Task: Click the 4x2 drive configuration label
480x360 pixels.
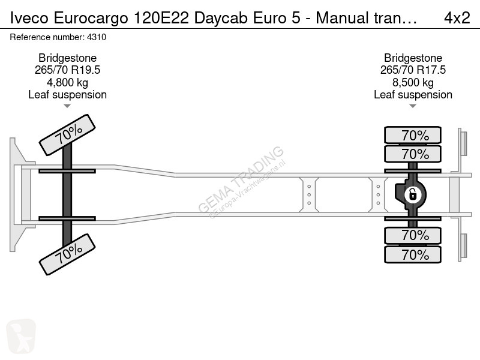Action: point(457,18)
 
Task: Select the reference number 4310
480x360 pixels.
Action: point(97,37)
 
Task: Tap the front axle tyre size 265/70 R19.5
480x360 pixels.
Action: point(67,70)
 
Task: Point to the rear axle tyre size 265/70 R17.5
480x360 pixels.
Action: point(413,70)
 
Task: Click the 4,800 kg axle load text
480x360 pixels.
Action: point(67,82)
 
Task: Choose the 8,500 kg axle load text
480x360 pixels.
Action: point(413,82)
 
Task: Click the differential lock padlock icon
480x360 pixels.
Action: point(413,194)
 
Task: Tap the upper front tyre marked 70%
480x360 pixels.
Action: point(67,135)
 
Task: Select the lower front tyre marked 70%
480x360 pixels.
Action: point(67,254)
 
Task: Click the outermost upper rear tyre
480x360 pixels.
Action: point(413,135)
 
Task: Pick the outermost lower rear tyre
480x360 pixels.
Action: point(413,254)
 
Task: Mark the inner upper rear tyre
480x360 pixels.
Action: point(413,154)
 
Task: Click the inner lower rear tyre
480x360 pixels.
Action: point(413,235)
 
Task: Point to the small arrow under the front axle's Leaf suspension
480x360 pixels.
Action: point(67,106)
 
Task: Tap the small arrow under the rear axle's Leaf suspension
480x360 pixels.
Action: point(413,106)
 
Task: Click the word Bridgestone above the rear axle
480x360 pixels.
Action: point(413,58)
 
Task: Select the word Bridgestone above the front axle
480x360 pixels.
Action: point(67,58)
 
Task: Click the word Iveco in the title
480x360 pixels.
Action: point(29,18)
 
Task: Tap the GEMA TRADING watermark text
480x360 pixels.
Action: point(241,179)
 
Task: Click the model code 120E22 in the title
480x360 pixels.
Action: point(161,18)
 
